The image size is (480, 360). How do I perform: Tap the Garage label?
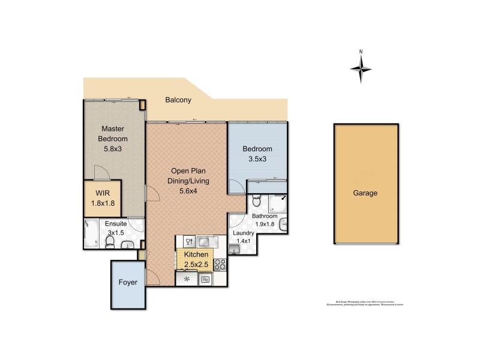(x=365, y=193)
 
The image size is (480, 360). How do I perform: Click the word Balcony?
(x=178, y=100)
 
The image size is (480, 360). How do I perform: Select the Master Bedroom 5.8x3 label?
(x=113, y=139)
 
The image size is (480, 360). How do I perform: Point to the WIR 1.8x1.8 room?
(x=103, y=199)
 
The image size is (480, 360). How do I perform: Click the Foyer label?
(x=128, y=282)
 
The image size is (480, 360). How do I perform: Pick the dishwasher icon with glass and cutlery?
(x=187, y=242)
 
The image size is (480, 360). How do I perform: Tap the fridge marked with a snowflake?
(x=187, y=279)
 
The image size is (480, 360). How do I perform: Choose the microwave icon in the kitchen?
(x=206, y=279)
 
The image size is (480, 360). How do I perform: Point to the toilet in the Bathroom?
(x=256, y=200)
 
